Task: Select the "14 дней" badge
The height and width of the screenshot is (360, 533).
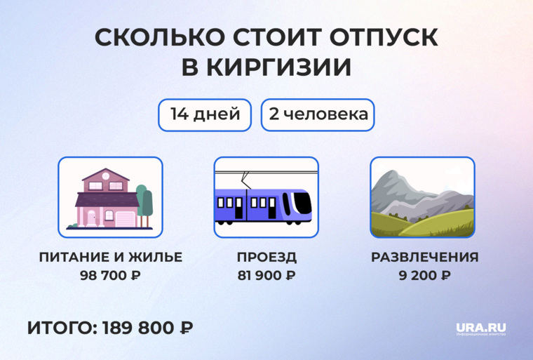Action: click(204, 114)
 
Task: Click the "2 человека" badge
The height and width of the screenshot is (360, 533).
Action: click(318, 114)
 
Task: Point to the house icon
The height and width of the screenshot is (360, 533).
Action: click(110, 198)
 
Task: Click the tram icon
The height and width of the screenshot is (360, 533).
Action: click(266, 198)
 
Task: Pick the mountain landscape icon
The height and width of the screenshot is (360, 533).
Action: click(422, 198)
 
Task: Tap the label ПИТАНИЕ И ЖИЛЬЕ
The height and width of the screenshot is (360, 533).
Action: click(110, 257)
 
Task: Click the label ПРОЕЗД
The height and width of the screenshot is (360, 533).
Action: click(266, 257)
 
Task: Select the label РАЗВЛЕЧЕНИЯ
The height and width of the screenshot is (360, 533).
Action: click(424, 257)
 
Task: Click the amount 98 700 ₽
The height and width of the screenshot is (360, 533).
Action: click(110, 275)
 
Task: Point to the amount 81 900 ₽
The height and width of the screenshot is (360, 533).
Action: click(266, 275)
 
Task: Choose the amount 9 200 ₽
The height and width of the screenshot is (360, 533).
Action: click(424, 275)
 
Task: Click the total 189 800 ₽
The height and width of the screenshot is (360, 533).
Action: click(148, 328)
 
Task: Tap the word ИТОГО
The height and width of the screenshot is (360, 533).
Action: click(61, 328)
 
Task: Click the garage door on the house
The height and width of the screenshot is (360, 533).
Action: click(123, 218)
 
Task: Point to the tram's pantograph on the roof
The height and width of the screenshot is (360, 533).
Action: click(245, 177)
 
